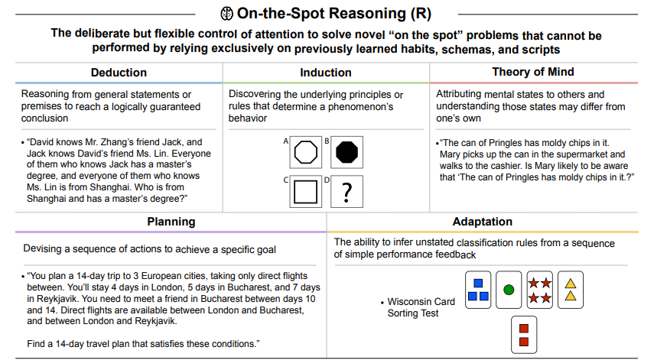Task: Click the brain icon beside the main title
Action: pyautogui.click(x=226, y=13)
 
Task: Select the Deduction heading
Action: pyautogui.click(x=119, y=73)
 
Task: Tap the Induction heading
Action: pyautogui.click(x=326, y=73)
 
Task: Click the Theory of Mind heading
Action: pyautogui.click(x=533, y=72)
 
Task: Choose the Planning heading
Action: pyautogui.click(x=171, y=222)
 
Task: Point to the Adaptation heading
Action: pyautogui.click(x=482, y=222)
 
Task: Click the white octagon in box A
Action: pyautogui.click(x=305, y=152)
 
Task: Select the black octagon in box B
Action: pyautogui.click(x=347, y=152)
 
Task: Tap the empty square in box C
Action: pyautogui.click(x=305, y=191)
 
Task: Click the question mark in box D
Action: pyautogui.click(x=347, y=193)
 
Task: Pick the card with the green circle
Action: pyautogui.click(x=509, y=290)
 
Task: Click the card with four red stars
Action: pyautogui.click(x=539, y=290)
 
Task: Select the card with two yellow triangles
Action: pyautogui.click(x=570, y=290)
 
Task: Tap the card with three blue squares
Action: pyautogui.click(x=478, y=290)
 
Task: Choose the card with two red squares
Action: pyautogui.click(x=524, y=335)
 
